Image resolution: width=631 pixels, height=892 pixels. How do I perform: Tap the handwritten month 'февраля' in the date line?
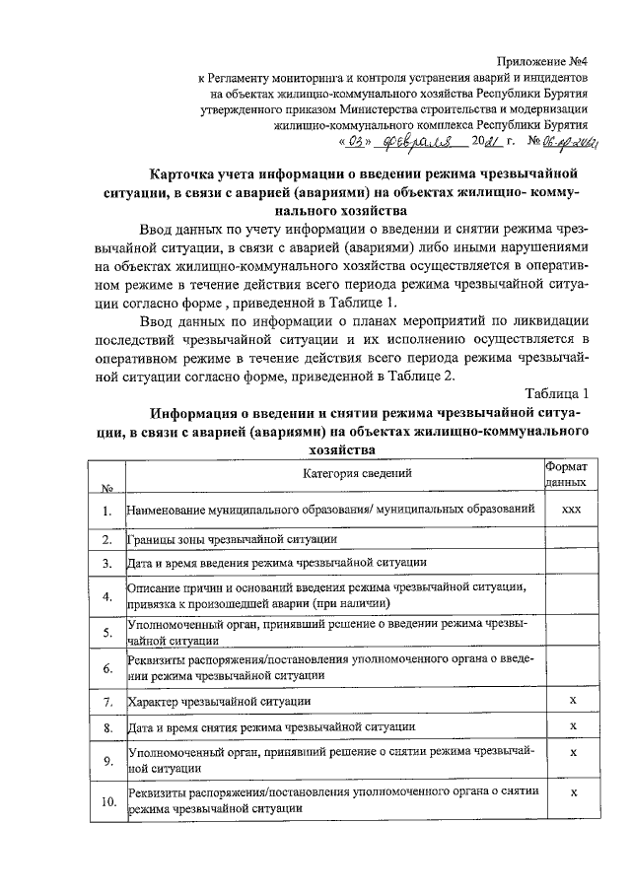click(410, 143)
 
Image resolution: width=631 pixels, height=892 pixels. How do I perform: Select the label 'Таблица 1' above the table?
click(557, 394)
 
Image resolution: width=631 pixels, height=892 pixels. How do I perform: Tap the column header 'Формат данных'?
click(568, 474)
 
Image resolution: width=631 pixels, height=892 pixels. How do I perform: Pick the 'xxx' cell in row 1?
click(569, 511)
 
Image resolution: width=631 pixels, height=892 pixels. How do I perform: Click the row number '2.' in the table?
click(105, 539)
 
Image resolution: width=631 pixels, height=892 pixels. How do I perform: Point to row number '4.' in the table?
click(105, 595)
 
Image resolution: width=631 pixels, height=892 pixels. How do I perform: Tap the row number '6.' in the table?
click(105, 668)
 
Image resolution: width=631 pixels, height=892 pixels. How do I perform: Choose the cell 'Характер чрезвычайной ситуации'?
click(220, 701)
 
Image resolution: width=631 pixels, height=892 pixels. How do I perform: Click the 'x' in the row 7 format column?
click(571, 700)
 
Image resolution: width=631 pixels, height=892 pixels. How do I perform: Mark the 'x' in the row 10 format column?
click(571, 792)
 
